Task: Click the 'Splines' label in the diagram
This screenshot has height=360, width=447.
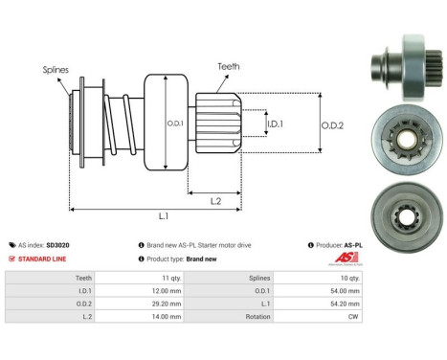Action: (55, 70)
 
